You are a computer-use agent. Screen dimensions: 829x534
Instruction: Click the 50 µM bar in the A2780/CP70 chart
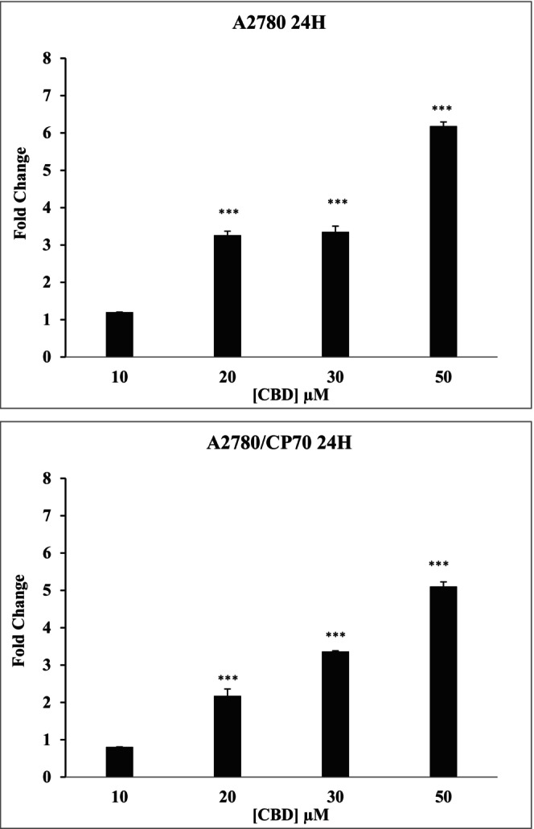pyautogui.click(x=443, y=682)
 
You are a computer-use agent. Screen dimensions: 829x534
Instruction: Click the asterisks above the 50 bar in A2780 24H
pyautogui.click(x=443, y=109)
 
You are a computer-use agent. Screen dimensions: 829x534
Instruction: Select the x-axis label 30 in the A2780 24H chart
pyautogui.click(x=335, y=376)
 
